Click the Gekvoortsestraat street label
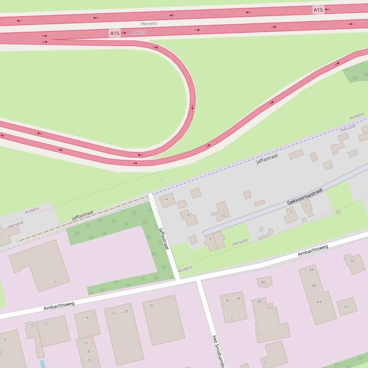[x=305, y=196]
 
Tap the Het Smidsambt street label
[x=218, y=351]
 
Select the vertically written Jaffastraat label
[x=164, y=238]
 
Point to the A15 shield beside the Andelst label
[x=114, y=33]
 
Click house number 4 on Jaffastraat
[x=167, y=199]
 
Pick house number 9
[x=210, y=239]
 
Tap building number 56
[x=352, y=261]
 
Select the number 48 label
[x=312, y=270]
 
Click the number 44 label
[x=319, y=302]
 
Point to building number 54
[x=346, y=306]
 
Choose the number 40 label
[x=263, y=282]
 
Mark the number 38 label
[x=259, y=302]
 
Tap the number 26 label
[x=113, y=314]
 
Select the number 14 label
[x=86, y=318]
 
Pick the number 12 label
[x=45, y=324]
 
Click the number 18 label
[x=88, y=351]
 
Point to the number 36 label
[x=227, y=300]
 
